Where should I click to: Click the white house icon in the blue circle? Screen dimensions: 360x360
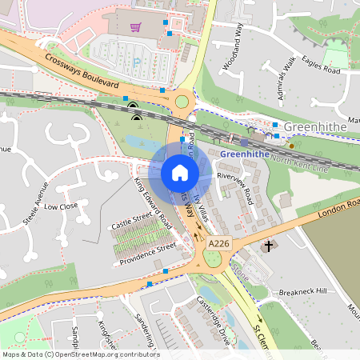[x=179, y=172]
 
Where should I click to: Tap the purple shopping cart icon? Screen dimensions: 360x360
[x=136, y=27]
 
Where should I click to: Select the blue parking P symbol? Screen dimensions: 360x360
[x=137, y=60]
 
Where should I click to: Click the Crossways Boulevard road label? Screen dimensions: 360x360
[x=82, y=71]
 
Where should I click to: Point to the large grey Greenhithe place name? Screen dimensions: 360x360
[x=315, y=126]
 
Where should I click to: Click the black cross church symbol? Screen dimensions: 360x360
[x=269, y=246]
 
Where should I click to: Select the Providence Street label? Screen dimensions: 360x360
[x=146, y=255]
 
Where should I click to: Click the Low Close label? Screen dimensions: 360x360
[x=61, y=206]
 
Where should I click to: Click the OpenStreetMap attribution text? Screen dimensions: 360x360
[x=80, y=354]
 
